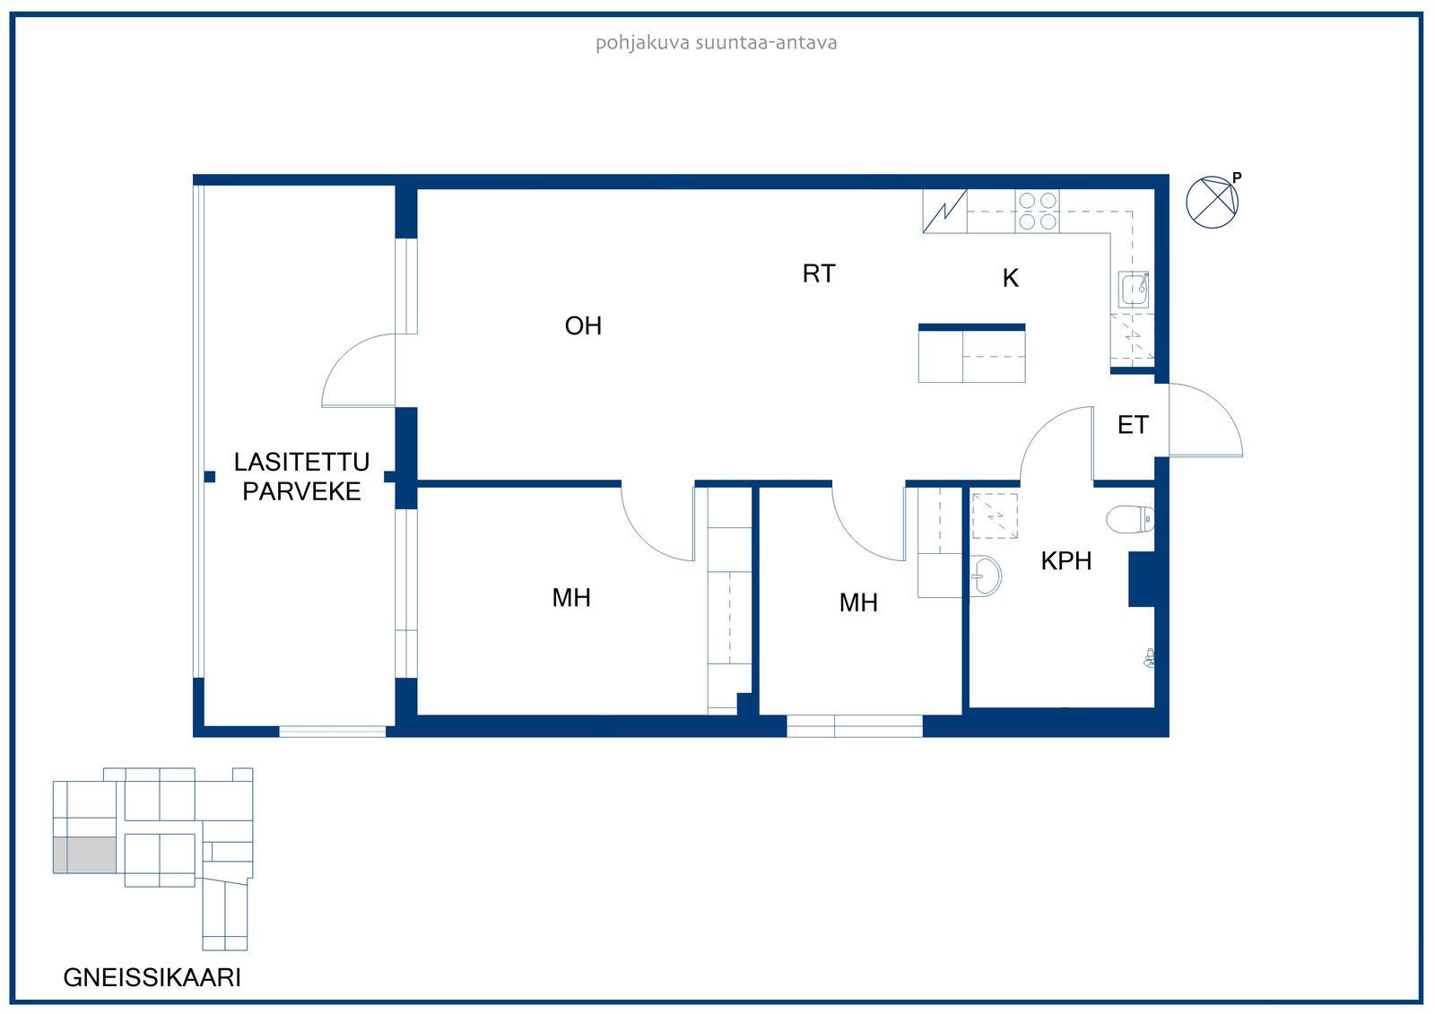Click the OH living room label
click(x=583, y=326)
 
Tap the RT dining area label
click(x=819, y=273)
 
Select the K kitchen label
click(x=1010, y=278)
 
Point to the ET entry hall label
click(x=1133, y=425)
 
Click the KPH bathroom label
click(x=1066, y=560)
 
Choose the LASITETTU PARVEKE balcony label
click(x=301, y=476)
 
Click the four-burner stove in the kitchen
click(x=1037, y=211)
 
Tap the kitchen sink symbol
click(x=1134, y=290)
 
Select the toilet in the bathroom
click(x=1131, y=519)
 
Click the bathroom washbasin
click(x=986, y=576)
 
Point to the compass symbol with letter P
click(x=1213, y=201)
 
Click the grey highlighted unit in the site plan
click(x=84, y=854)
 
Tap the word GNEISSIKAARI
click(x=152, y=977)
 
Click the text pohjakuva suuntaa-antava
click(x=717, y=43)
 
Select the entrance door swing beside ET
click(x=1205, y=420)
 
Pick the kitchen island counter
click(x=971, y=353)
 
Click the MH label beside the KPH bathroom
click(x=857, y=602)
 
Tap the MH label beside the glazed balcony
click(x=570, y=598)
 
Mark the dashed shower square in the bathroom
click(x=995, y=516)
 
